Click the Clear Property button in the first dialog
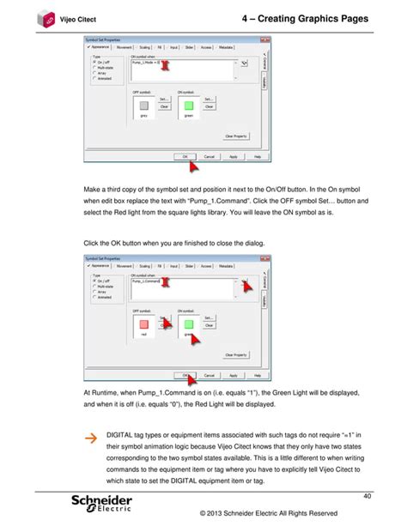[235, 136]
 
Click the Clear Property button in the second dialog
[235, 354]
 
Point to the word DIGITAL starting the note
[122, 436]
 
